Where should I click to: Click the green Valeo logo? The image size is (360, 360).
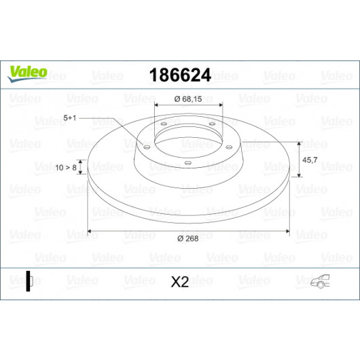coord(27,74)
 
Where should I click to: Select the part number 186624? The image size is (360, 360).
coord(180,75)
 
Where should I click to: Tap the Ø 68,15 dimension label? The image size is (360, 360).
coord(188,99)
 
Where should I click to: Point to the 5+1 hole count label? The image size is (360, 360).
coord(69,118)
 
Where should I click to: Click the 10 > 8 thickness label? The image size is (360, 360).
coord(66,168)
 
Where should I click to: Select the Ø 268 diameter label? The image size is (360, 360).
coord(187,238)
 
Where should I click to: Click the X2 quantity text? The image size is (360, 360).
coord(180,282)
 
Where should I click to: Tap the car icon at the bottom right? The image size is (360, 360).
coord(320,281)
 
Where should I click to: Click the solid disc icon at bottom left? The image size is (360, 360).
coord(29,281)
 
